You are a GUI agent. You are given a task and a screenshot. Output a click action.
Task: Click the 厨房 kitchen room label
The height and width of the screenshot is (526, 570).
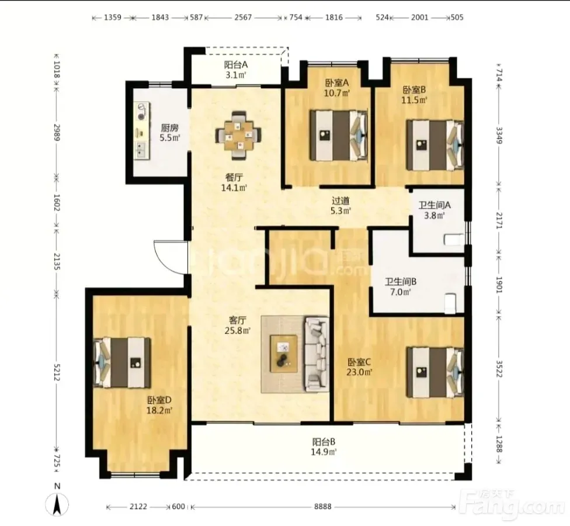[170, 128]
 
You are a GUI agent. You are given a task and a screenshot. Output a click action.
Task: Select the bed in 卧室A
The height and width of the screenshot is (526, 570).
[339, 136]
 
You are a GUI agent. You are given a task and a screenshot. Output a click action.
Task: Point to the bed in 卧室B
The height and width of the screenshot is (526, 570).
[435, 145]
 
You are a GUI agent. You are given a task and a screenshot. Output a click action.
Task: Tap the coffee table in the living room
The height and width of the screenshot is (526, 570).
[284, 354]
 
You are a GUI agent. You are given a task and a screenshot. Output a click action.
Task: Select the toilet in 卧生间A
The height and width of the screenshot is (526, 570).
[454, 240]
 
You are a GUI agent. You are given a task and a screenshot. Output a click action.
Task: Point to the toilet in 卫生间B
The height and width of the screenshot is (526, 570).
[450, 303]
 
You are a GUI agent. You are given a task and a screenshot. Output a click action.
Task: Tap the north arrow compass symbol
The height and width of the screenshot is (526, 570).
[57, 505]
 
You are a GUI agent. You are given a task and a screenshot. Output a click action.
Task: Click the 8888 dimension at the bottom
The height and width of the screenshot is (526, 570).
[323, 507]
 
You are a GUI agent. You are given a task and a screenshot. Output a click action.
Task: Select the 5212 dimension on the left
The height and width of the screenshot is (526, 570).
[56, 372]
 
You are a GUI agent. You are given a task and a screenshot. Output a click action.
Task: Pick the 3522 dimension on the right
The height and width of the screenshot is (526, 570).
[499, 369]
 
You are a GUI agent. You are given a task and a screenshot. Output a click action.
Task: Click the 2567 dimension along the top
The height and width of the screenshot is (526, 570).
[243, 17]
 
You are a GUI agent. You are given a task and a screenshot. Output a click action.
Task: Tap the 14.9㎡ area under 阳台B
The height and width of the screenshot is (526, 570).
[324, 452]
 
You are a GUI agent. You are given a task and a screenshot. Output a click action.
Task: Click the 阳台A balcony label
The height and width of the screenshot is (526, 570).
[235, 65]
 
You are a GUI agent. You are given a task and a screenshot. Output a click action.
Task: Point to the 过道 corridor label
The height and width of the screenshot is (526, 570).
[340, 200]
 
